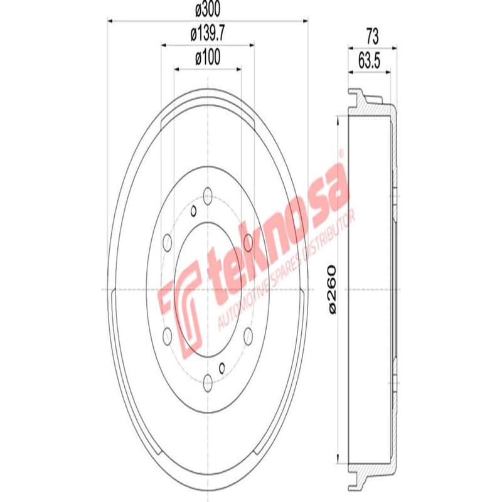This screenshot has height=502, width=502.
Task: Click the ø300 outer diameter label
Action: click(x=207, y=11)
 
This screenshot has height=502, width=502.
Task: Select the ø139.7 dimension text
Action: click(x=207, y=35)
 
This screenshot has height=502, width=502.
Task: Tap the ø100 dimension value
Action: click(x=207, y=58)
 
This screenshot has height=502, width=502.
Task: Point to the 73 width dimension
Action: click(x=372, y=36)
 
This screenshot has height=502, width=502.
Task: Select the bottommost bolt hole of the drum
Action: click(x=208, y=378)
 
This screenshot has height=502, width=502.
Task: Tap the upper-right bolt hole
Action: click(x=248, y=241)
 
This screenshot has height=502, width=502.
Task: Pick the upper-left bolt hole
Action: click(x=168, y=241)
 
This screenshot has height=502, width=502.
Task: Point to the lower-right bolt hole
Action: click(x=248, y=333)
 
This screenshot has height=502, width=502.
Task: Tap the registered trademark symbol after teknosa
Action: click(x=341, y=152)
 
